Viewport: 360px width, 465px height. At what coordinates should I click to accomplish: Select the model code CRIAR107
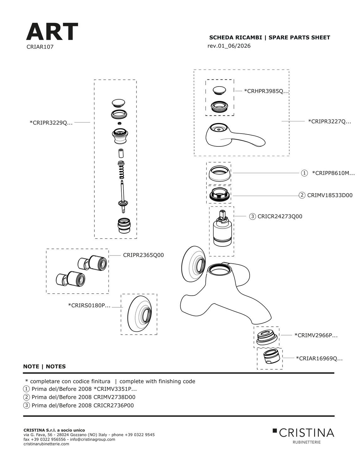click(x=40, y=47)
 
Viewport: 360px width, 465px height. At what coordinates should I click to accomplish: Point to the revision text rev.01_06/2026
click(x=229, y=46)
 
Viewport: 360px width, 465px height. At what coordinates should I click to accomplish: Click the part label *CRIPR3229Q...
click(x=51, y=123)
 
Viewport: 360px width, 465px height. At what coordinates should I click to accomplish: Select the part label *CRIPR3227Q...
click(x=329, y=121)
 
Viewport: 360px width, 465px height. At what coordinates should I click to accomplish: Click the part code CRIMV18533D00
click(x=330, y=195)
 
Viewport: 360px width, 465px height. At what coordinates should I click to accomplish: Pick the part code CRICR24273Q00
click(x=280, y=216)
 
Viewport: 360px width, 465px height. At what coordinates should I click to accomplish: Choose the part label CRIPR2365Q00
click(x=143, y=255)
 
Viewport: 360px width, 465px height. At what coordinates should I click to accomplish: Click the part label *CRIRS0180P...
click(x=89, y=305)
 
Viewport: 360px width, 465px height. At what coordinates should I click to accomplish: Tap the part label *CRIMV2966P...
click(x=316, y=336)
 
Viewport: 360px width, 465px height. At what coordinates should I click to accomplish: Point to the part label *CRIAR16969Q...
click(x=319, y=358)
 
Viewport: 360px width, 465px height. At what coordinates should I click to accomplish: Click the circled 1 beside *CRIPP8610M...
click(x=304, y=173)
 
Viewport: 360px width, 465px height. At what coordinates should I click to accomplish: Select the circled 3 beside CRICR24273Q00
click(x=252, y=216)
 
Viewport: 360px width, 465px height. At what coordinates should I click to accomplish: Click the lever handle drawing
click(x=235, y=135)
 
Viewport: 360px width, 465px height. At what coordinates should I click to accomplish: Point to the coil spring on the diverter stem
click(x=122, y=172)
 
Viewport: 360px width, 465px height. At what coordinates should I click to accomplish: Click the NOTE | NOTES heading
click(x=45, y=367)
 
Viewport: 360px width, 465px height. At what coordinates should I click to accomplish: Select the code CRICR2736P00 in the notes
click(x=114, y=405)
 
